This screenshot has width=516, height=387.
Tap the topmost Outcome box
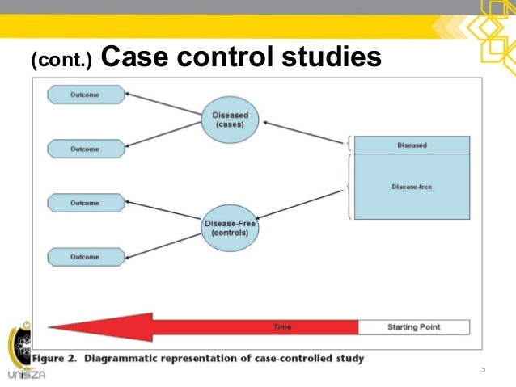click(86, 95)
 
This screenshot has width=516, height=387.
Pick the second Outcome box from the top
click(86, 149)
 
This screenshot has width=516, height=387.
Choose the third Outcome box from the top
click(86, 202)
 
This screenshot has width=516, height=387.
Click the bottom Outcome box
click(86, 257)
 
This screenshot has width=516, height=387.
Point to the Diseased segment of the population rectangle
click(412, 145)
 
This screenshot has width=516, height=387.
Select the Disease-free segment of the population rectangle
click(412, 187)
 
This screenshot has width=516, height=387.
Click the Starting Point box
click(413, 327)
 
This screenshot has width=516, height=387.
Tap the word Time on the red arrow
click(282, 327)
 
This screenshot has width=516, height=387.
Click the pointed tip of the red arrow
click(51, 327)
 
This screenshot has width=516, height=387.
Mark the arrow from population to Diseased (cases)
click(303, 132)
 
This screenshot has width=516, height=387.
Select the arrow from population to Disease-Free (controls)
click(303, 204)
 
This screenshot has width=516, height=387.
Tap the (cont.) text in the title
click(61, 60)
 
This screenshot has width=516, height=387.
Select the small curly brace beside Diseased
click(348, 145)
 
